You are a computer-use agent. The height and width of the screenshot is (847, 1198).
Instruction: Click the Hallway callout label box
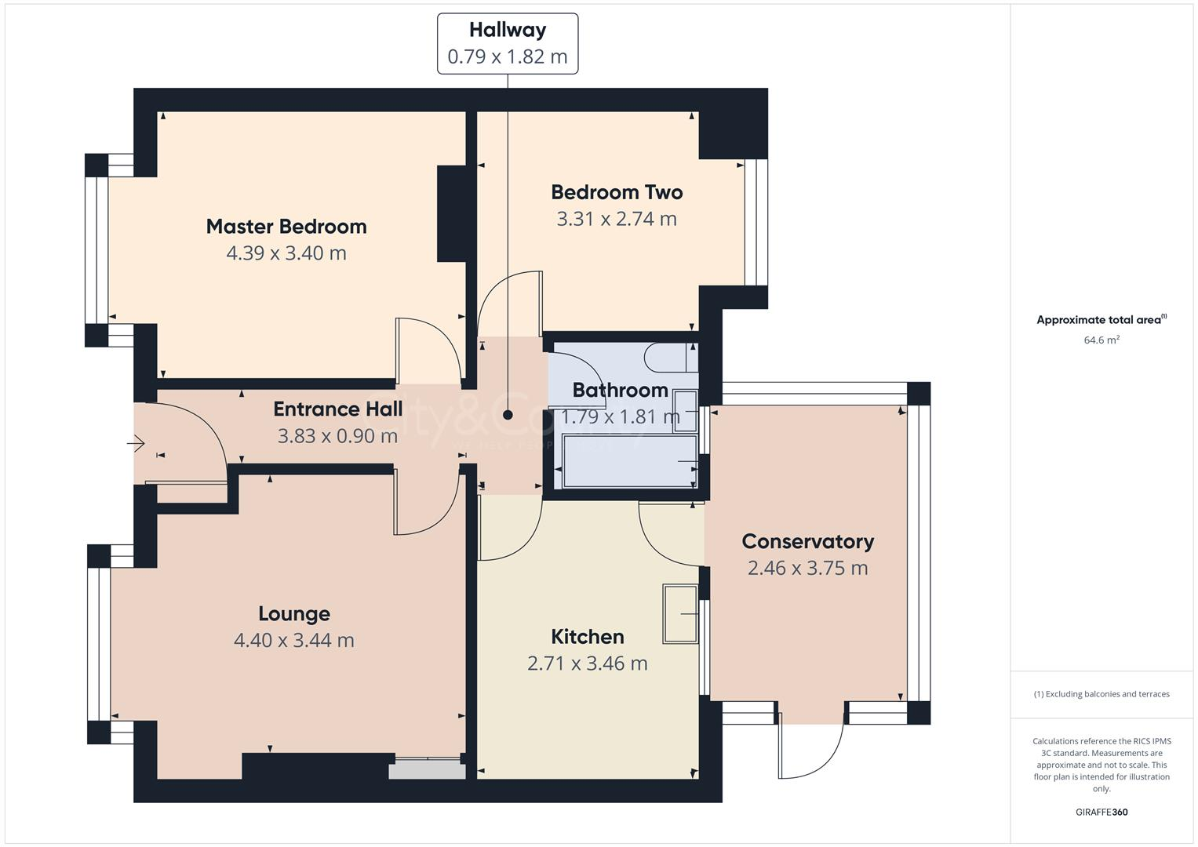point(508,44)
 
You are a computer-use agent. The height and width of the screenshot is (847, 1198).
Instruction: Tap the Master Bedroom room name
point(286,227)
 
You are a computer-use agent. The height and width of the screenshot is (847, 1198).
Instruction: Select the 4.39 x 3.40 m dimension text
point(286,253)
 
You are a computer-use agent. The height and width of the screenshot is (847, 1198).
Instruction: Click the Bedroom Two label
point(617,192)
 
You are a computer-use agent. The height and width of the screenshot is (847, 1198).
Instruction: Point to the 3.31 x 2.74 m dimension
point(617,219)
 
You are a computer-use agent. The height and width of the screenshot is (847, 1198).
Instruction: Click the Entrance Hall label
point(337,409)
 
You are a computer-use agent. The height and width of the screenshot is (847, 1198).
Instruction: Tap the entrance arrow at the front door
point(137,445)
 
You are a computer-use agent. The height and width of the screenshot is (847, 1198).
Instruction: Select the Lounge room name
point(294,614)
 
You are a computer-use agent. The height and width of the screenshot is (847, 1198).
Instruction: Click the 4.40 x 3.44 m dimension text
point(294,641)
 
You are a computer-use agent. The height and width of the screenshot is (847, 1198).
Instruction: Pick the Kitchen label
point(588,637)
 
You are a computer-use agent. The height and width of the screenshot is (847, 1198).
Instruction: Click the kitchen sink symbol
point(680,614)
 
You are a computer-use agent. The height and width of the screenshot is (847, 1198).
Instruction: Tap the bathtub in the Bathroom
point(629,462)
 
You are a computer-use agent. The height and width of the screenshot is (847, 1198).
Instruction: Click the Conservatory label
point(807,542)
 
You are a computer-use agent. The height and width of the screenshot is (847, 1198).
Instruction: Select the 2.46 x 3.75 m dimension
point(807,569)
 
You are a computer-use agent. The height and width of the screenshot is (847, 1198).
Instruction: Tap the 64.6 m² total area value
point(1102,340)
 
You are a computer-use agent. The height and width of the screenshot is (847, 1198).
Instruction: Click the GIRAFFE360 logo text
point(1102,812)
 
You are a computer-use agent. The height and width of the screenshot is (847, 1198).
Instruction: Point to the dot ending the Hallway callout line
point(508,415)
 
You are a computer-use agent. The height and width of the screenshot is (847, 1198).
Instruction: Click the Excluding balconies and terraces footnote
point(1102,694)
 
